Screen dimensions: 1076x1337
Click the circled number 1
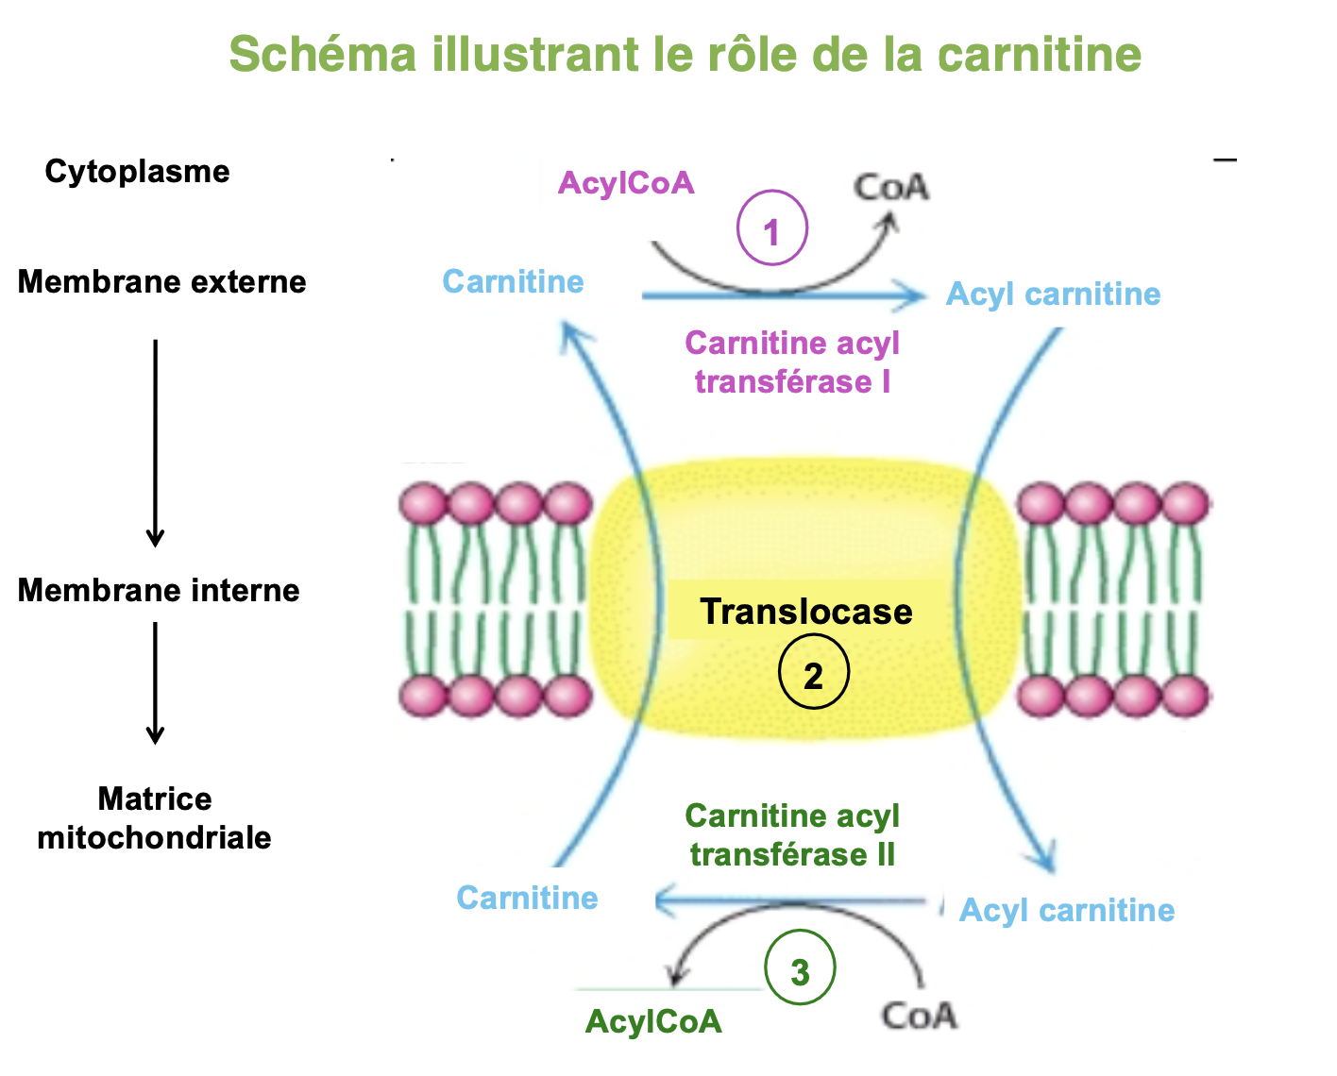771,229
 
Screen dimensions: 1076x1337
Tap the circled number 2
813,675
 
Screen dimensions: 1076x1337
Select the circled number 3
800,970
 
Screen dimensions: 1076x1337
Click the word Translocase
805,612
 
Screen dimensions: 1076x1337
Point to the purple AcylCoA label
626,183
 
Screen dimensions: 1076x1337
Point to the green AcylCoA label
653,1021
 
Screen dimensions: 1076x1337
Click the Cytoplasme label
137,172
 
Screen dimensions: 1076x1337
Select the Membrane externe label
161,282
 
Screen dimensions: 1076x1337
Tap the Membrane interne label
159,591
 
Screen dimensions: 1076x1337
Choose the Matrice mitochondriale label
155,818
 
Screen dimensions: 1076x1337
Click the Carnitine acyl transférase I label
792,362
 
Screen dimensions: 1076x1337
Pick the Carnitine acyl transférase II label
792,835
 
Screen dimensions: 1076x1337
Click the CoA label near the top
891,187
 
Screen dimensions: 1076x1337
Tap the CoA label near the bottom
919,1017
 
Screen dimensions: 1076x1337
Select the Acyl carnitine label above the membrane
1053,294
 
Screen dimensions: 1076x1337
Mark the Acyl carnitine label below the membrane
1067,911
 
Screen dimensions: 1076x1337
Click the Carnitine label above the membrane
513,282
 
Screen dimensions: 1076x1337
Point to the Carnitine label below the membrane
527,899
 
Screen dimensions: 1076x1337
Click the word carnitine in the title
1039,54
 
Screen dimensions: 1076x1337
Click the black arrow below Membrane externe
156,444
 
